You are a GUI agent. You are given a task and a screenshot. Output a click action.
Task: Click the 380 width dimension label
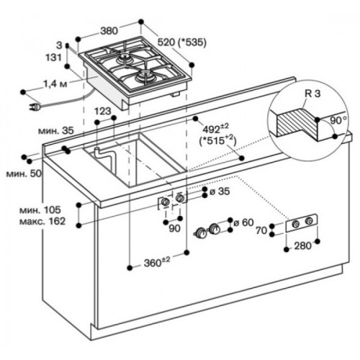[x=109, y=31]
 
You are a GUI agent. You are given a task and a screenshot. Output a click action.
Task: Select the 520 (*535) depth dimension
[x=181, y=42]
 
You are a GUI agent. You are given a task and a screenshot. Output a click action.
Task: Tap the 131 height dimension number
[x=54, y=58]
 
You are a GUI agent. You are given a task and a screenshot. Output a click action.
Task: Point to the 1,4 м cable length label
[x=55, y=84]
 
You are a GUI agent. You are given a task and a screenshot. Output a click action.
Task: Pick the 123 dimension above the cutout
[x=103, y=111]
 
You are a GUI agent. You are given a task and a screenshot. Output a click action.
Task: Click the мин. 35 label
[x=56, y=131]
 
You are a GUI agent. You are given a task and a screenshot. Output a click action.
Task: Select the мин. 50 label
[x=24, y=174]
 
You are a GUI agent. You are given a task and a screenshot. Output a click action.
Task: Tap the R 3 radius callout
[x=312, y=94]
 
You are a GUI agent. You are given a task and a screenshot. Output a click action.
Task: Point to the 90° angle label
[x=338, y=121]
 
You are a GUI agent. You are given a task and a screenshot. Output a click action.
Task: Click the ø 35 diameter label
[x=220, y=192]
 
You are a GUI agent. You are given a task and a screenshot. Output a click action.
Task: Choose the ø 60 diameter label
[x=243, y=222]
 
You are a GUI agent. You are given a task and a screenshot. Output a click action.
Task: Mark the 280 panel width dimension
[x=303, y=246]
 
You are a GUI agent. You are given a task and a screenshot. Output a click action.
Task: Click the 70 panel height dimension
[x=261, y=230]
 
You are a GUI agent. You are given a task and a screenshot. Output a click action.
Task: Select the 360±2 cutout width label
[x=157, y=262]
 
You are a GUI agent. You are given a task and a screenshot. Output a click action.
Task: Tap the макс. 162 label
[x=42, y=221]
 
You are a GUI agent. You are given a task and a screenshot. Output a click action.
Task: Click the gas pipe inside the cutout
[x=105, y=158]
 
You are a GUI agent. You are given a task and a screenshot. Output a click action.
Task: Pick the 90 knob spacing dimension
[x=174, y=228]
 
